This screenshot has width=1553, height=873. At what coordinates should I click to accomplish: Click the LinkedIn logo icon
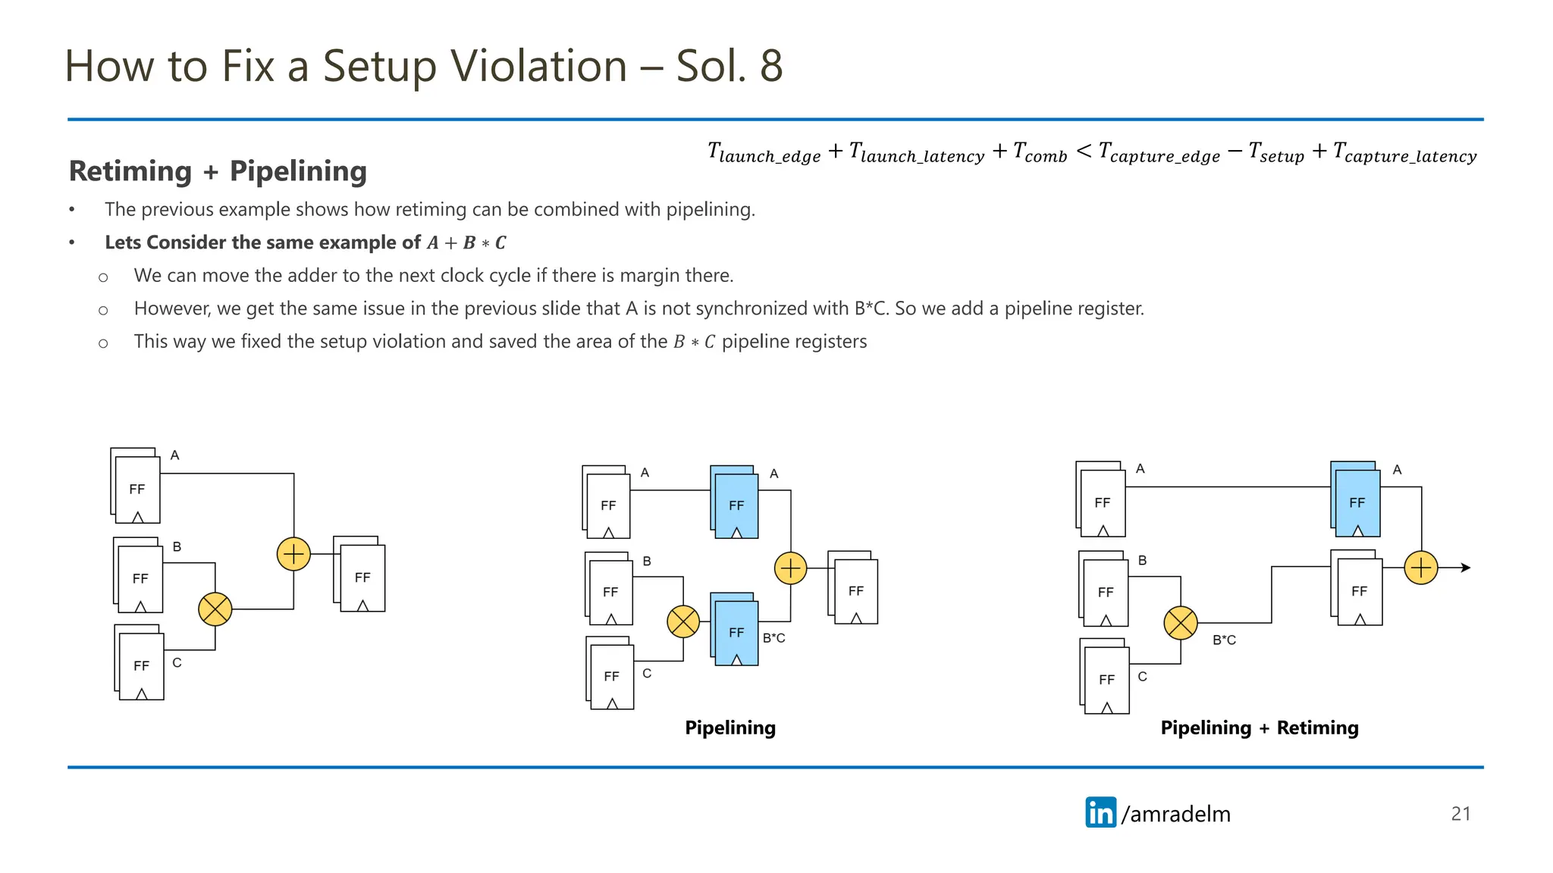pos(1100,812)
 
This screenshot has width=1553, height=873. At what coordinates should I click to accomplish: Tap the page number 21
pos(1460,814)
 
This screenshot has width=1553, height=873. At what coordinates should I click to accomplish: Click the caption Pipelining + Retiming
pos(1259,727)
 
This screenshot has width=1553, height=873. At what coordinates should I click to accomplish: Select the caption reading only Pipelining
pos(729,727)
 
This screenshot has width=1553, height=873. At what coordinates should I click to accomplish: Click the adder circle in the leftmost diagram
pos(293,554)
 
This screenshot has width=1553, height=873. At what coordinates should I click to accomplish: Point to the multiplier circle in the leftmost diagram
pos(215,609)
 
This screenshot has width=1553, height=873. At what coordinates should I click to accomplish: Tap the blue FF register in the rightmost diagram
pos(1357,502)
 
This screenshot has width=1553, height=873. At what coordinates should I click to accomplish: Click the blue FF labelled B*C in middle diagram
pos(736,632)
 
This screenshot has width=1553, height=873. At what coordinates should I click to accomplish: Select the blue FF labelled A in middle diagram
pos(736,505)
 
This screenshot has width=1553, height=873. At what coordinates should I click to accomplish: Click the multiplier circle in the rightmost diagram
pos(1181,623)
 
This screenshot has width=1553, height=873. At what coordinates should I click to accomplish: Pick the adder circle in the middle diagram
pos(790,568)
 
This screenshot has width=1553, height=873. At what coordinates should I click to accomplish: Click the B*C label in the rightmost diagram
pos(1224,640)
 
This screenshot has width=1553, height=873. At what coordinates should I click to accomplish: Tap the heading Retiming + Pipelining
pos(218,171)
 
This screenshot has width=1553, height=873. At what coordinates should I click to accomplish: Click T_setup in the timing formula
pos(1276,153)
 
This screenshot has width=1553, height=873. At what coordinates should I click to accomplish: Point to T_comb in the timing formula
pos(1040,153)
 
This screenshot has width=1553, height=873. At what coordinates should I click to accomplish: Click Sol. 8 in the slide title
pos(729,66)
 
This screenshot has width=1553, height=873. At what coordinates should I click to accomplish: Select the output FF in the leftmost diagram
pos(362,577)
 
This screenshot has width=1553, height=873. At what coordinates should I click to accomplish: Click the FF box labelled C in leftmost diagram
pos(141,665)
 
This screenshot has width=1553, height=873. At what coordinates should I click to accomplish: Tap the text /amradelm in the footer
pos(1175,814)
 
